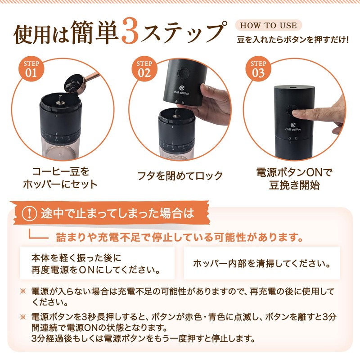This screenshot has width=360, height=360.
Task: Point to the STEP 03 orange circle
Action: tap(258, 69)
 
